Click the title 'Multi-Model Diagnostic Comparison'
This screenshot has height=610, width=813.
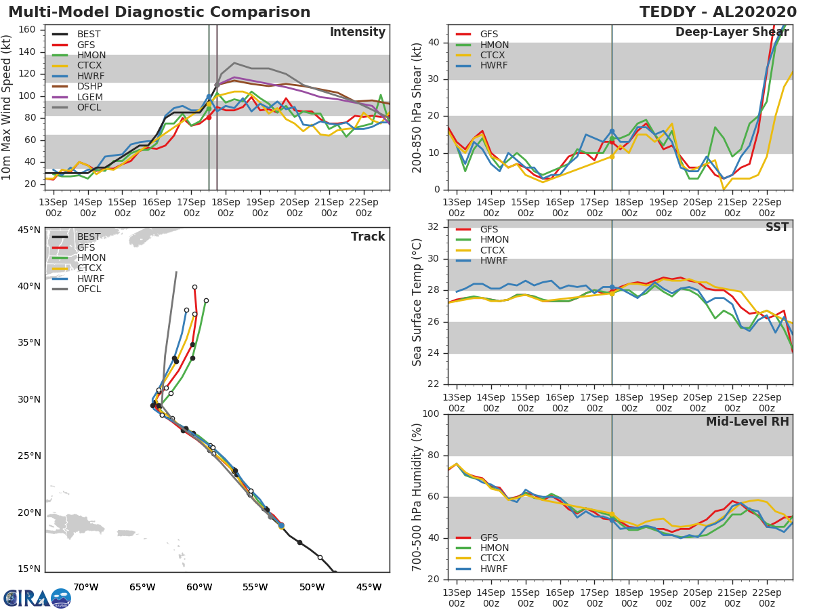pyautogui.click(x=159, y=12)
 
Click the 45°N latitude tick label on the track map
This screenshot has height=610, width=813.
pyautogui.click(x=28, y=230)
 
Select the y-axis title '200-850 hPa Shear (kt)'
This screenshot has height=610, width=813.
pyautogui.click(x=418, y=107)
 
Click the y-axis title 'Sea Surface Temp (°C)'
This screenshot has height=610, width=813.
pyautogui.click(x=418, y=302)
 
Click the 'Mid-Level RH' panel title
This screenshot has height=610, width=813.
pyautogui.click(x=747, y=422)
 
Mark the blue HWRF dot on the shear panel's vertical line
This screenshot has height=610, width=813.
pyautogui.click(x=612, y=131)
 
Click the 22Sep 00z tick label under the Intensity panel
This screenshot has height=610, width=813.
pyautogui.click(x=363, y=207)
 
